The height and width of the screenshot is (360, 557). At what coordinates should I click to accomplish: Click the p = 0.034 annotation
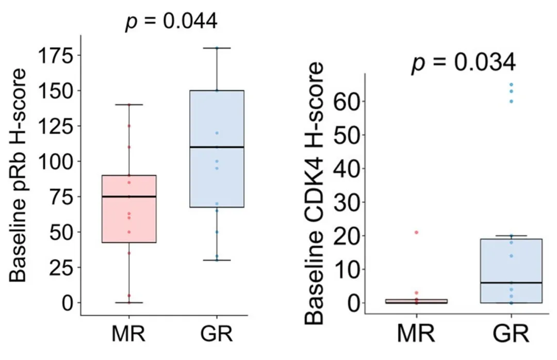463,63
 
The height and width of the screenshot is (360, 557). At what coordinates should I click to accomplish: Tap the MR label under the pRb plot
129,334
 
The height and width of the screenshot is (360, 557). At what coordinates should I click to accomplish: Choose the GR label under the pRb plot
217,334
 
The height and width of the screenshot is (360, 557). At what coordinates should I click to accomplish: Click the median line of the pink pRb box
129,197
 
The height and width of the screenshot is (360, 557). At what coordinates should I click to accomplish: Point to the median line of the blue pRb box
217,147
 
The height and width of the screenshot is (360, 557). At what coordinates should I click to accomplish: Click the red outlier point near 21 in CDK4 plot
416,233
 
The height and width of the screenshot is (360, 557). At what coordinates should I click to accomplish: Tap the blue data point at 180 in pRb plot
217,48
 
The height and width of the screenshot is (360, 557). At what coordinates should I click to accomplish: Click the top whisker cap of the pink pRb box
129,105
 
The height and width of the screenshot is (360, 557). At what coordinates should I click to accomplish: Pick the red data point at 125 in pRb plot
129,126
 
